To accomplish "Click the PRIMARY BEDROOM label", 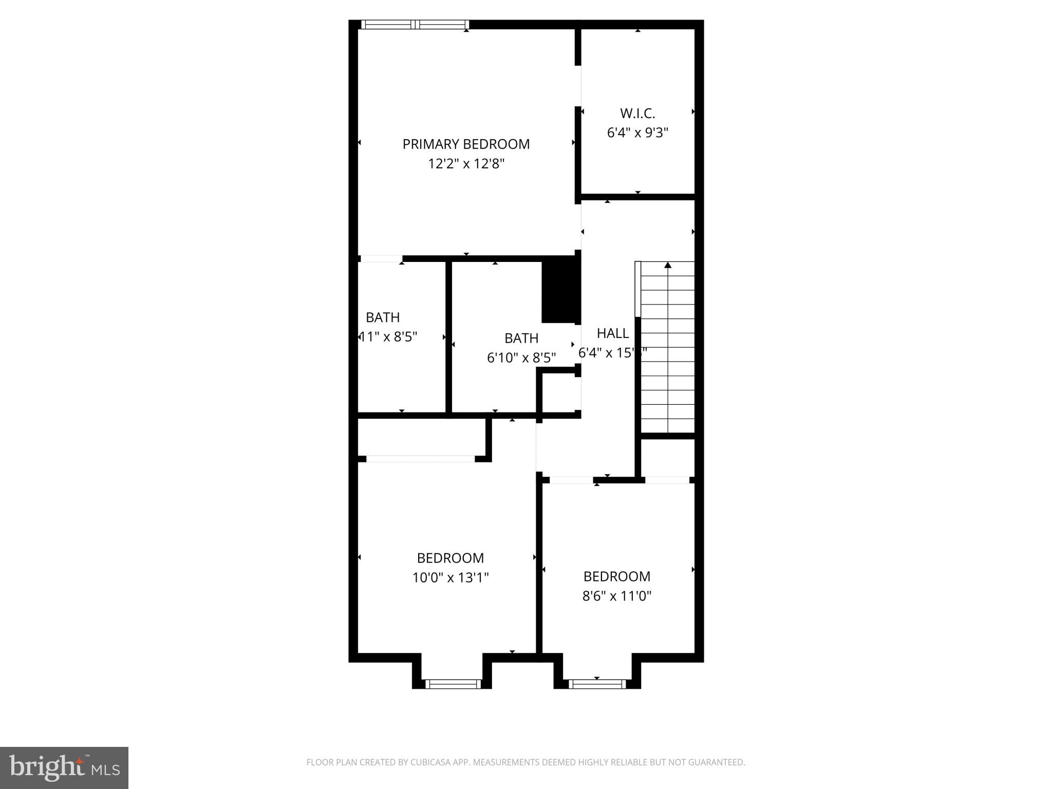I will (466, 144).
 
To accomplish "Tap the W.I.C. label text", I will (637, 114).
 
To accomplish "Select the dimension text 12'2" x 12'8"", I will (466, 164).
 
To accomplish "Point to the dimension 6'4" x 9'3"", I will (637, 133).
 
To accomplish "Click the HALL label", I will (612, 333).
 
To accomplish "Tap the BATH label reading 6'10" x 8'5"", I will (521, 339).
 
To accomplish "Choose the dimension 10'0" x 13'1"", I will (450, 578).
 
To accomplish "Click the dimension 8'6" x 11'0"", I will (616, 596).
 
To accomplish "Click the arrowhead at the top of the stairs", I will (668, 265).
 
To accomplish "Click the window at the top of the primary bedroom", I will (415, 24).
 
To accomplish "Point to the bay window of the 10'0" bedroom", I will (453, 684).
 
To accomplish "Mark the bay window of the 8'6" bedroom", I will (597, 684).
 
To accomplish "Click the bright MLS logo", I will (64, 767).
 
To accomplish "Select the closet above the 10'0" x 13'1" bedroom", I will (421, 437).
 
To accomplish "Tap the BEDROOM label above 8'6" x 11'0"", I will (616, 576).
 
